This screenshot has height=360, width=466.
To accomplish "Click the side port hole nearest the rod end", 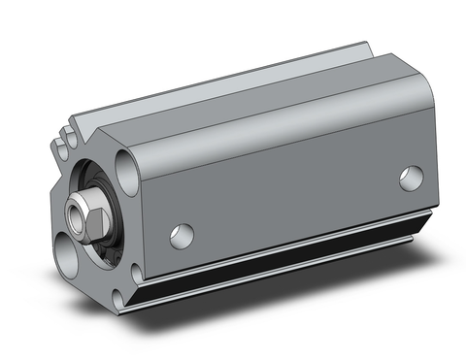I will tap(180, 233).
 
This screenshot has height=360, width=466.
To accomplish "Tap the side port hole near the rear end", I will tap(412, 178).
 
